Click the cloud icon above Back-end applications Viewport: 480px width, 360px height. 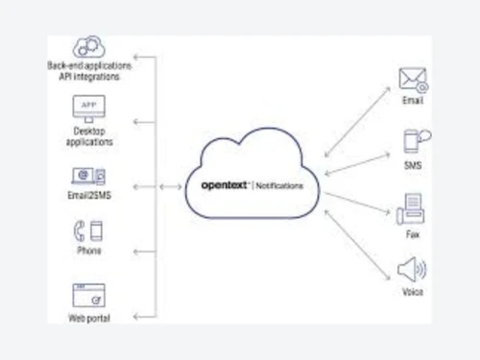point(89,46)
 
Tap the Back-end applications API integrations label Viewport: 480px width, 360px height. point(89,70)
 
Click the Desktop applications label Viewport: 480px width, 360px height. point(89,135)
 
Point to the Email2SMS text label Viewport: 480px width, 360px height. point(89,197)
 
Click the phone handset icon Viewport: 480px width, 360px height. point(88,231)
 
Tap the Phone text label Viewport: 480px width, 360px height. point(89,252)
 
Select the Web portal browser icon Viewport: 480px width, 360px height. point(89,294)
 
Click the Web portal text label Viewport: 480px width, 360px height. point(89,318)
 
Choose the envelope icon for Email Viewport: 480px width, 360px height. point(413,79)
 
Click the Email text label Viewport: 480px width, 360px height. point(412,100)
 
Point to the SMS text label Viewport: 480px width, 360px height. point(412,166)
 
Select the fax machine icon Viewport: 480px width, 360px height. point(412,206)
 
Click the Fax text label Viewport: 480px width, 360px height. point(412,231)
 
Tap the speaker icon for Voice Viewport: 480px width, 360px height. point(412,270)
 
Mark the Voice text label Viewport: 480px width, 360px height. point(412,292)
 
